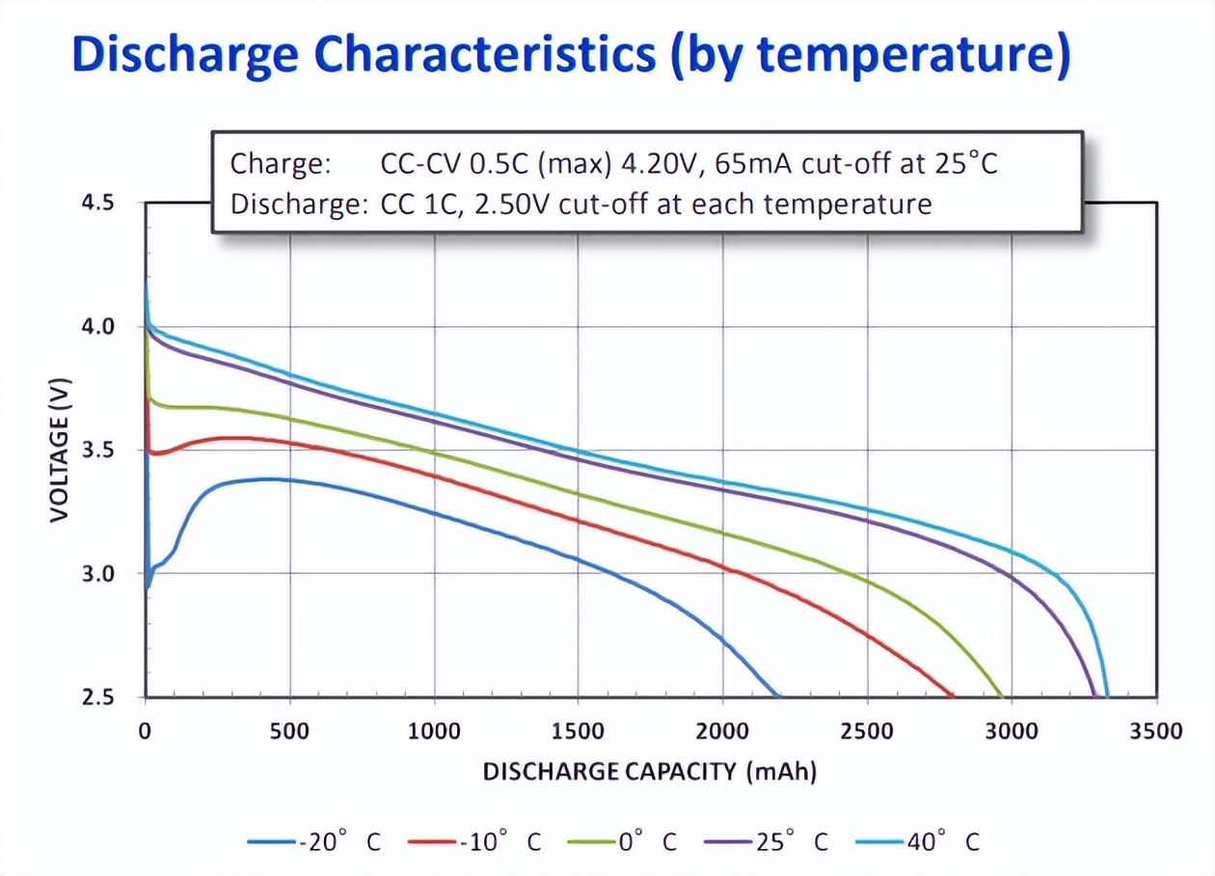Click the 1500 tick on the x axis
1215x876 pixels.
(x=578, y=731)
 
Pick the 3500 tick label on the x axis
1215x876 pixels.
(x=1155, y=731)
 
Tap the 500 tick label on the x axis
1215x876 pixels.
(x=289, y=731)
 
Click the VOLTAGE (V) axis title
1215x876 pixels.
(x=60, y=450)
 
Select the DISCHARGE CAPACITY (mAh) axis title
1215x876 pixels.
(x=649, y=772)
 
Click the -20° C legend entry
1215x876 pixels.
(x=314, y=842)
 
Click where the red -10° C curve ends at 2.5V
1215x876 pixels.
(x=953, y=696)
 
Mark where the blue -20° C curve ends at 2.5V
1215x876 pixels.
(x=777, y=696)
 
